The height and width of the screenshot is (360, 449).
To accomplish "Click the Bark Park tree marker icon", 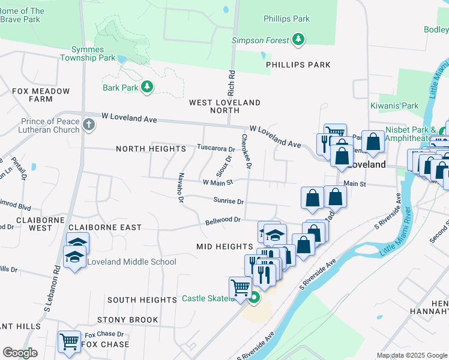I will [147, 88].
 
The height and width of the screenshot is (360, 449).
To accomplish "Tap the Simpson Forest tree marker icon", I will [298, 40].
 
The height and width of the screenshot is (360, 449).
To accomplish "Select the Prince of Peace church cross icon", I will [88, 125].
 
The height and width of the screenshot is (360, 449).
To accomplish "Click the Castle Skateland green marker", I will [254, 297].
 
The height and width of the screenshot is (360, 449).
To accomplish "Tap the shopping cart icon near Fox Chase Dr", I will [69, 341].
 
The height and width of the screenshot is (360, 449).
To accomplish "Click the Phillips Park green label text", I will [287, 19].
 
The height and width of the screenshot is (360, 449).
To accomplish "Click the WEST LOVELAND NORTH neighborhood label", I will [225, 106].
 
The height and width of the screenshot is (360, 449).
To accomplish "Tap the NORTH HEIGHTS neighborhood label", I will [151, 149].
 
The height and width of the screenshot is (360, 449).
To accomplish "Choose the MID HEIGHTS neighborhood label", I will [224, 247].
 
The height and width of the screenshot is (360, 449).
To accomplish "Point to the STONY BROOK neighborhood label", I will [127, 320].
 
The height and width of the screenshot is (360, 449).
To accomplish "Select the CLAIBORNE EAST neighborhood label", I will [105, 227].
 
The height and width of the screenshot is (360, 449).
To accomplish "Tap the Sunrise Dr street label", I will [228, 201].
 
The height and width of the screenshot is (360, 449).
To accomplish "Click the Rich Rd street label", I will [231, 83].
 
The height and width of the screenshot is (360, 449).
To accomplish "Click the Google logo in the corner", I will [20, 353].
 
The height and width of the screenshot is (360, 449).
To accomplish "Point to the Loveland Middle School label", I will [131, 262].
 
